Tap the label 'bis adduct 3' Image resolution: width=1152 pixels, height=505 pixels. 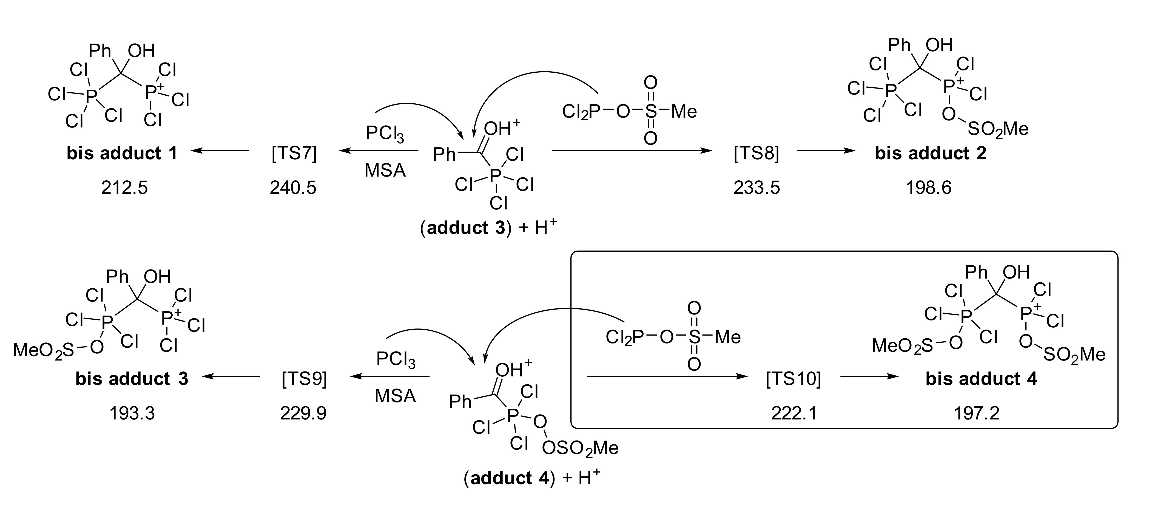click(x=132, y=379)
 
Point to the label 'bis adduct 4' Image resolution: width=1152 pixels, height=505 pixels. click(x=981, y=379)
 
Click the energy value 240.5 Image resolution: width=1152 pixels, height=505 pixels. click(x=293, y=188)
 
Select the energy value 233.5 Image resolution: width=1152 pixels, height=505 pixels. click(x=756, y=188)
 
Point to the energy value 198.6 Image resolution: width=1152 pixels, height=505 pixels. click(x=929, y=188)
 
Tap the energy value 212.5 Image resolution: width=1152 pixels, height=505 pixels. click(x=124, y=188)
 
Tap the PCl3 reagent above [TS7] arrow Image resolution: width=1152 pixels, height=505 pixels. click(x=385, y=133)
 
